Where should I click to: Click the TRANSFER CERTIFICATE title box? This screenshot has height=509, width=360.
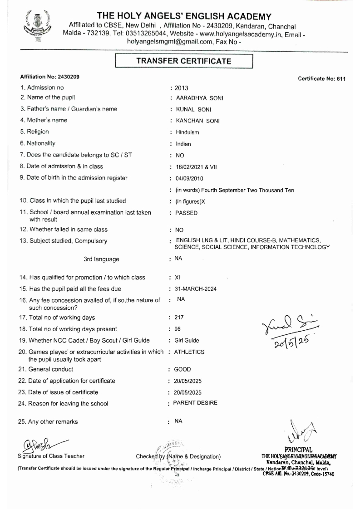tap(184, 61)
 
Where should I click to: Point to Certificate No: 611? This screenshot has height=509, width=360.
tap(322, 79)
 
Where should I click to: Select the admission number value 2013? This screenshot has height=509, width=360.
tap(182, 88)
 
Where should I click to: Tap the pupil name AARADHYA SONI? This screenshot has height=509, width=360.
tap(195, 98)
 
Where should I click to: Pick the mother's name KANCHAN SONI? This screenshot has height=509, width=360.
tap(194, 121)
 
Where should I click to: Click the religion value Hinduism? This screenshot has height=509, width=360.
tap(187, 133)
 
